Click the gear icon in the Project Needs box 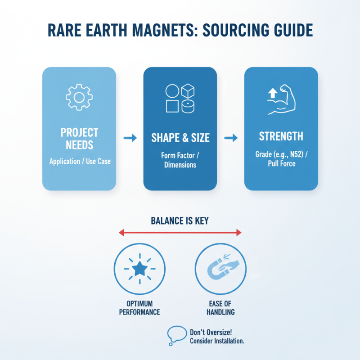click(79, 97)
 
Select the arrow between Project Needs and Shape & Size click(130, 139)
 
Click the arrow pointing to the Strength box click(230, 138)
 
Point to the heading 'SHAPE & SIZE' click(180, 138)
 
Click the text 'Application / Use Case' click(79, 161)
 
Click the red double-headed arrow click(180, 233)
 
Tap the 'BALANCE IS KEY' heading click(180, 221)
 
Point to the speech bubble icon click(176, 335)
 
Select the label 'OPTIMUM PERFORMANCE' click(139, 308)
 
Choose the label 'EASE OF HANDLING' click(221, 308)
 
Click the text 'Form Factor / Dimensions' click(180, 160)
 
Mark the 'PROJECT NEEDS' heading click(79, 139)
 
